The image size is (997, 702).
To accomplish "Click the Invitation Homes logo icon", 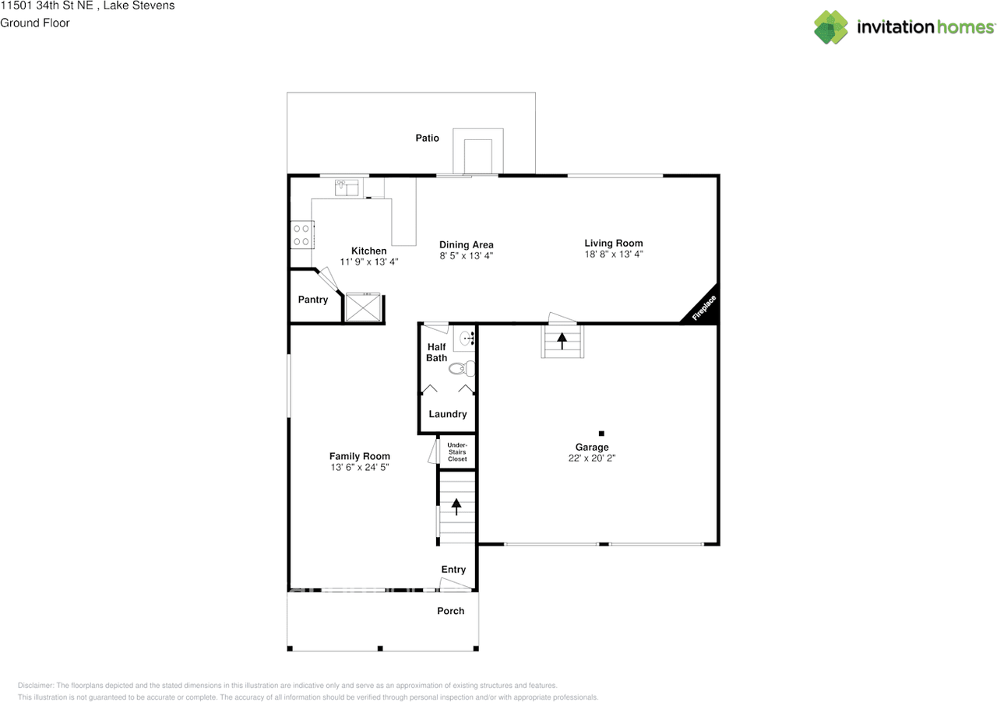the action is click(831, 27).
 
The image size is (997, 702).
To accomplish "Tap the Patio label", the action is click(428, 138).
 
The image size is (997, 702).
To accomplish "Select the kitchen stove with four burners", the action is click(302, 234).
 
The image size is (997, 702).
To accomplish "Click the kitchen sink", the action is click(347, 188).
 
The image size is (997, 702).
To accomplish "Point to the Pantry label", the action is click(313, 300).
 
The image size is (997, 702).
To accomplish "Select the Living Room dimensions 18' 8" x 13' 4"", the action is click(614, 254).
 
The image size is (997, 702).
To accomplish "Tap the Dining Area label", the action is click(467, 244).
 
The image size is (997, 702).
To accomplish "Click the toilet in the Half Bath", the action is click(462, 368).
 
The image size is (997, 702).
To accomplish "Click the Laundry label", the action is click(448, 414).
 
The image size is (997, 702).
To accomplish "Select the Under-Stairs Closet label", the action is click(457, 451).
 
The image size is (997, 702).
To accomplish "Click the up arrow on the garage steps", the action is click(562, 341).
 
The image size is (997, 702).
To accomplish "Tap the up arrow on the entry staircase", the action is click(456, 507).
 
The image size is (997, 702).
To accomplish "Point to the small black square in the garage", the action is click(601, 433).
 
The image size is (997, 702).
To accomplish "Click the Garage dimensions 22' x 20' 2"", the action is click(592, 458).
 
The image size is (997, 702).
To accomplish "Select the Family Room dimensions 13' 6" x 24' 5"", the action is click(360, 467).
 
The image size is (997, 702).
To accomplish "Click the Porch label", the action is click(450, 611).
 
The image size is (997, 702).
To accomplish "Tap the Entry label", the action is click(453, 570).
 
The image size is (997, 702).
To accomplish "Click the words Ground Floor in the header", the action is click(35, 23).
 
